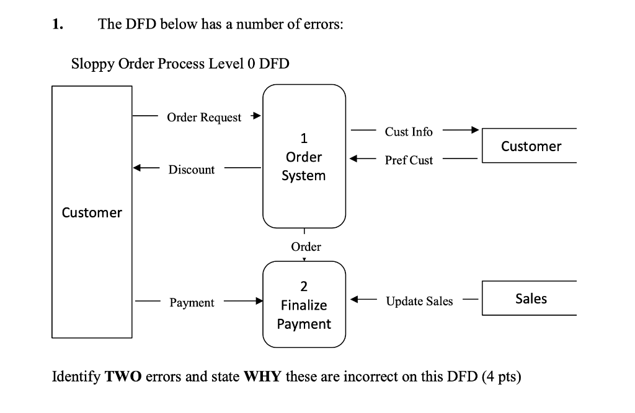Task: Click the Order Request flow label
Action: point(204,118)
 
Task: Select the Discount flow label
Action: point(192,170)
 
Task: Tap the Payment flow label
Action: point(192,303)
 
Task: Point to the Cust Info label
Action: point(409,131)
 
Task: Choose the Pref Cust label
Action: point(409,160)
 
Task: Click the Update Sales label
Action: point(419,302)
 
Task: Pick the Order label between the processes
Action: point(306,247)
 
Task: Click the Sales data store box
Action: point(531,298)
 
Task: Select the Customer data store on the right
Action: point(531,146)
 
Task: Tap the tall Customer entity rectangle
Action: point(92,212)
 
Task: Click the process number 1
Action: point(303,137)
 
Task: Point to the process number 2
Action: point(303,287)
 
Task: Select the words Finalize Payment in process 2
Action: point(304,315)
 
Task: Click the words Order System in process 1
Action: point(303,166)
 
